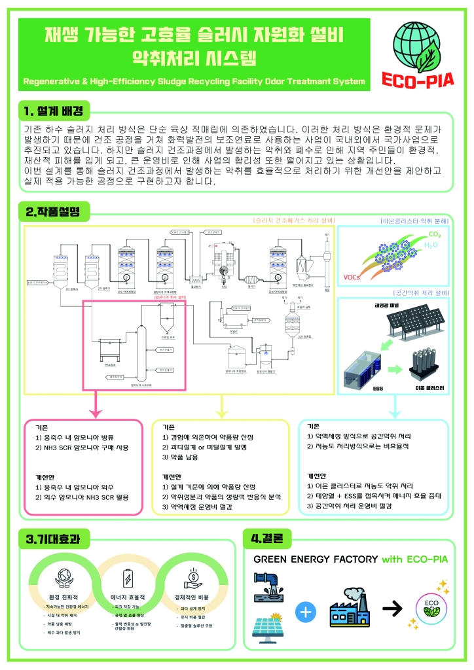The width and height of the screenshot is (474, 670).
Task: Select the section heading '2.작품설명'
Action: tap(52, 212)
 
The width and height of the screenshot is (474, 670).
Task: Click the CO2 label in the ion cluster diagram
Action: tap(434, 234)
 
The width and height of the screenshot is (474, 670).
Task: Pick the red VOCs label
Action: tap(352, 277)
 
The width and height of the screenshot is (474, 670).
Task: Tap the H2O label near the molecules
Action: tap(430, 245)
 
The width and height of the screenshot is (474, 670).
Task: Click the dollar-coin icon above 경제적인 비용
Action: tap(194, 576)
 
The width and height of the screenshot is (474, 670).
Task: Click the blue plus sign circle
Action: tap(306, 612)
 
